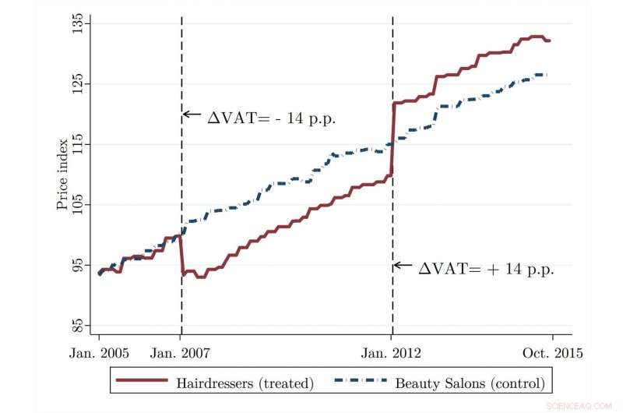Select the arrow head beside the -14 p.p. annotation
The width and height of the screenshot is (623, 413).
pos(186,115)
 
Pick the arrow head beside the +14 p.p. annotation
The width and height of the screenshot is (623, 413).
pos(397,265)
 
